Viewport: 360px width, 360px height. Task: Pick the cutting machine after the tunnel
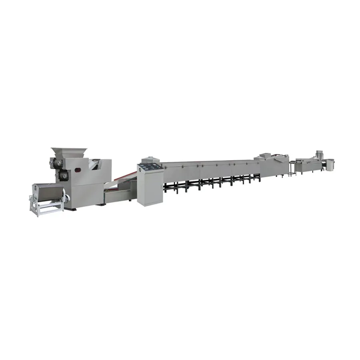274,164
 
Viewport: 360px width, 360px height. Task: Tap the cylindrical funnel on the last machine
319,154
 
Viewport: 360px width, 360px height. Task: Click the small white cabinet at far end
330,164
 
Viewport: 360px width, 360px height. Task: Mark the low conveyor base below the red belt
118,193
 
